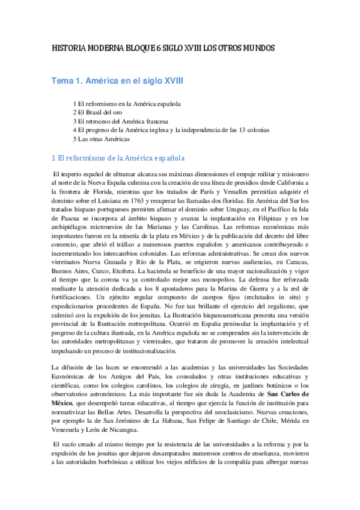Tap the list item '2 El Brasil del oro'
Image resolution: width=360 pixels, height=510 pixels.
97,112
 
